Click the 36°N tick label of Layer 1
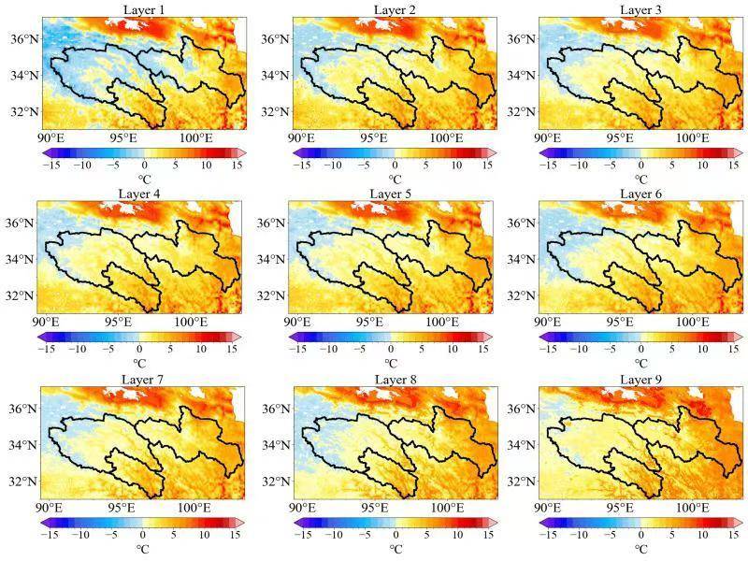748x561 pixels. pos(24,38)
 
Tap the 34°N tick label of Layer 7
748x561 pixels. pos(22,445)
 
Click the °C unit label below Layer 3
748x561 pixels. pos(642,178)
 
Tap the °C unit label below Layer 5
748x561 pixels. pos(392,362)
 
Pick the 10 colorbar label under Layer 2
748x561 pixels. pos(456,165)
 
